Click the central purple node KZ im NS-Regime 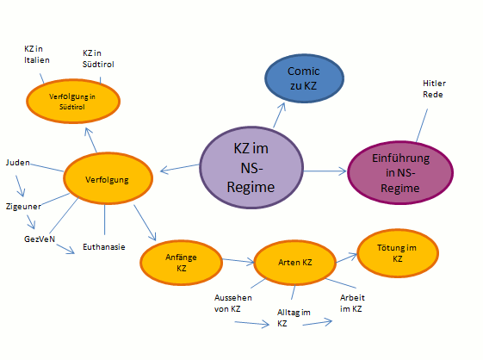coord(251,168)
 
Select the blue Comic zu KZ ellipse coord(304,78)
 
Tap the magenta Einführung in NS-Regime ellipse coord(400,172)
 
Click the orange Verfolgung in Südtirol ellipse coord(73,102)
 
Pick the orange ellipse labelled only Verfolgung coord(108,178)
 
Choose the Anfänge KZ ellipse coord(181,263)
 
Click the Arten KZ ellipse coord(294,263)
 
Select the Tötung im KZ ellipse coord(398,253)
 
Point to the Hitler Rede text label coord(434,89)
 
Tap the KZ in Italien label coord(37,54)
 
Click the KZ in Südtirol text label coord(98,59)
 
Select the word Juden coord(18,163)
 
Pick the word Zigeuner coord(23,206)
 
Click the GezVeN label coord(40,239)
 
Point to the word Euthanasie coord(104,247)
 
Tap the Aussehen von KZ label coord(232,303)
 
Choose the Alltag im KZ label coord(294,318)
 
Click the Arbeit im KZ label coord(352,303)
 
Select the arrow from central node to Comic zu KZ coord(279,115)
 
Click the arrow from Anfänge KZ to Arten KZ coord(238,261)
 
